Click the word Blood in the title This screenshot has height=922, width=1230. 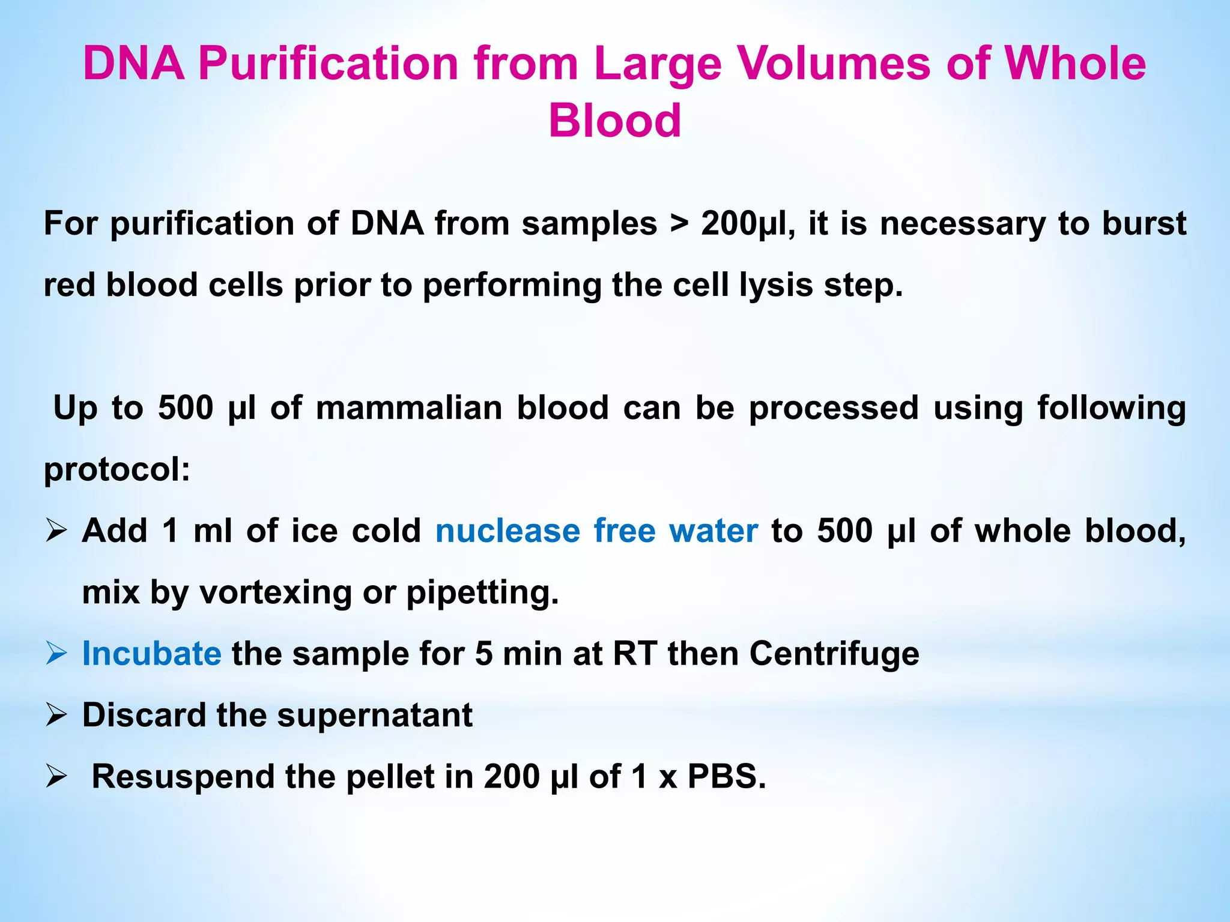615,121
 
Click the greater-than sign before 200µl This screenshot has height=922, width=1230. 679,224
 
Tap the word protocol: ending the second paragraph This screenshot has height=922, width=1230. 117,469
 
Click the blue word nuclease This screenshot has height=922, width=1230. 507,531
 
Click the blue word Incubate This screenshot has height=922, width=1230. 151,654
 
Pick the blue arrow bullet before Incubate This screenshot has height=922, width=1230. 56,653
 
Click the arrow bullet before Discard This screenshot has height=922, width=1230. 56,715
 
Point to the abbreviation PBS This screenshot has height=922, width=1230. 726,777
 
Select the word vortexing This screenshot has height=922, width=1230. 275,593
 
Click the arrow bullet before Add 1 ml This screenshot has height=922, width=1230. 56,531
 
